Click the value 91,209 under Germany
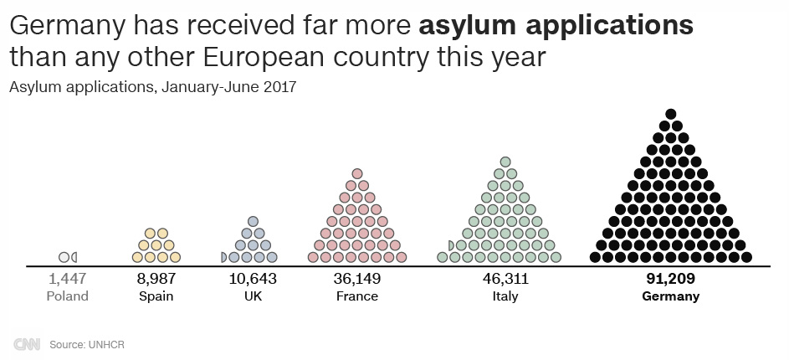(x=670, y=279)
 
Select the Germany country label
(x=670, y=296)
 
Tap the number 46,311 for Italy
(x=505, y=279)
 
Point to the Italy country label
(x=505, y=296)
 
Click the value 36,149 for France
(x=356, y=279)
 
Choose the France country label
(x=356, y=296)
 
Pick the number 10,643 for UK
(x=252, y=279)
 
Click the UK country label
(x=252, y=296)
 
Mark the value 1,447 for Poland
(x=68, y=279)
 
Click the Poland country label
(x=68, y=296)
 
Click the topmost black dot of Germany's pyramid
(x=670, y=114)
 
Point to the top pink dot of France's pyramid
(x=356, y=173)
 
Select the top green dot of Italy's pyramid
(x=505, y=162)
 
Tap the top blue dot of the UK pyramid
(x=252, y=222)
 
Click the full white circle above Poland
(x=64, y=256)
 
